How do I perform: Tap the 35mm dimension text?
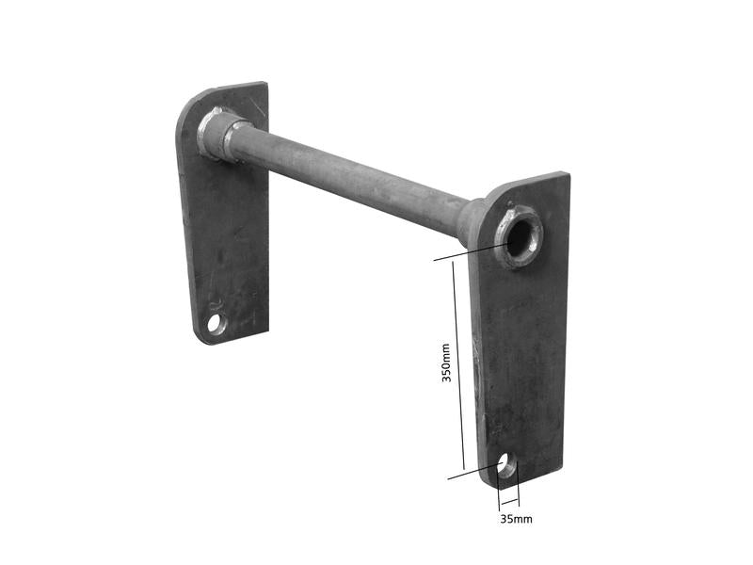click(x=516, y=518)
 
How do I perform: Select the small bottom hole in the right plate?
click(x=505, y=463)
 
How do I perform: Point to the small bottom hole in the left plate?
click(x=216, y=324)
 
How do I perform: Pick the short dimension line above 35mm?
click(x=508, y=498)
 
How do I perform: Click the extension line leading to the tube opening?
click(x=471, y=250)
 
